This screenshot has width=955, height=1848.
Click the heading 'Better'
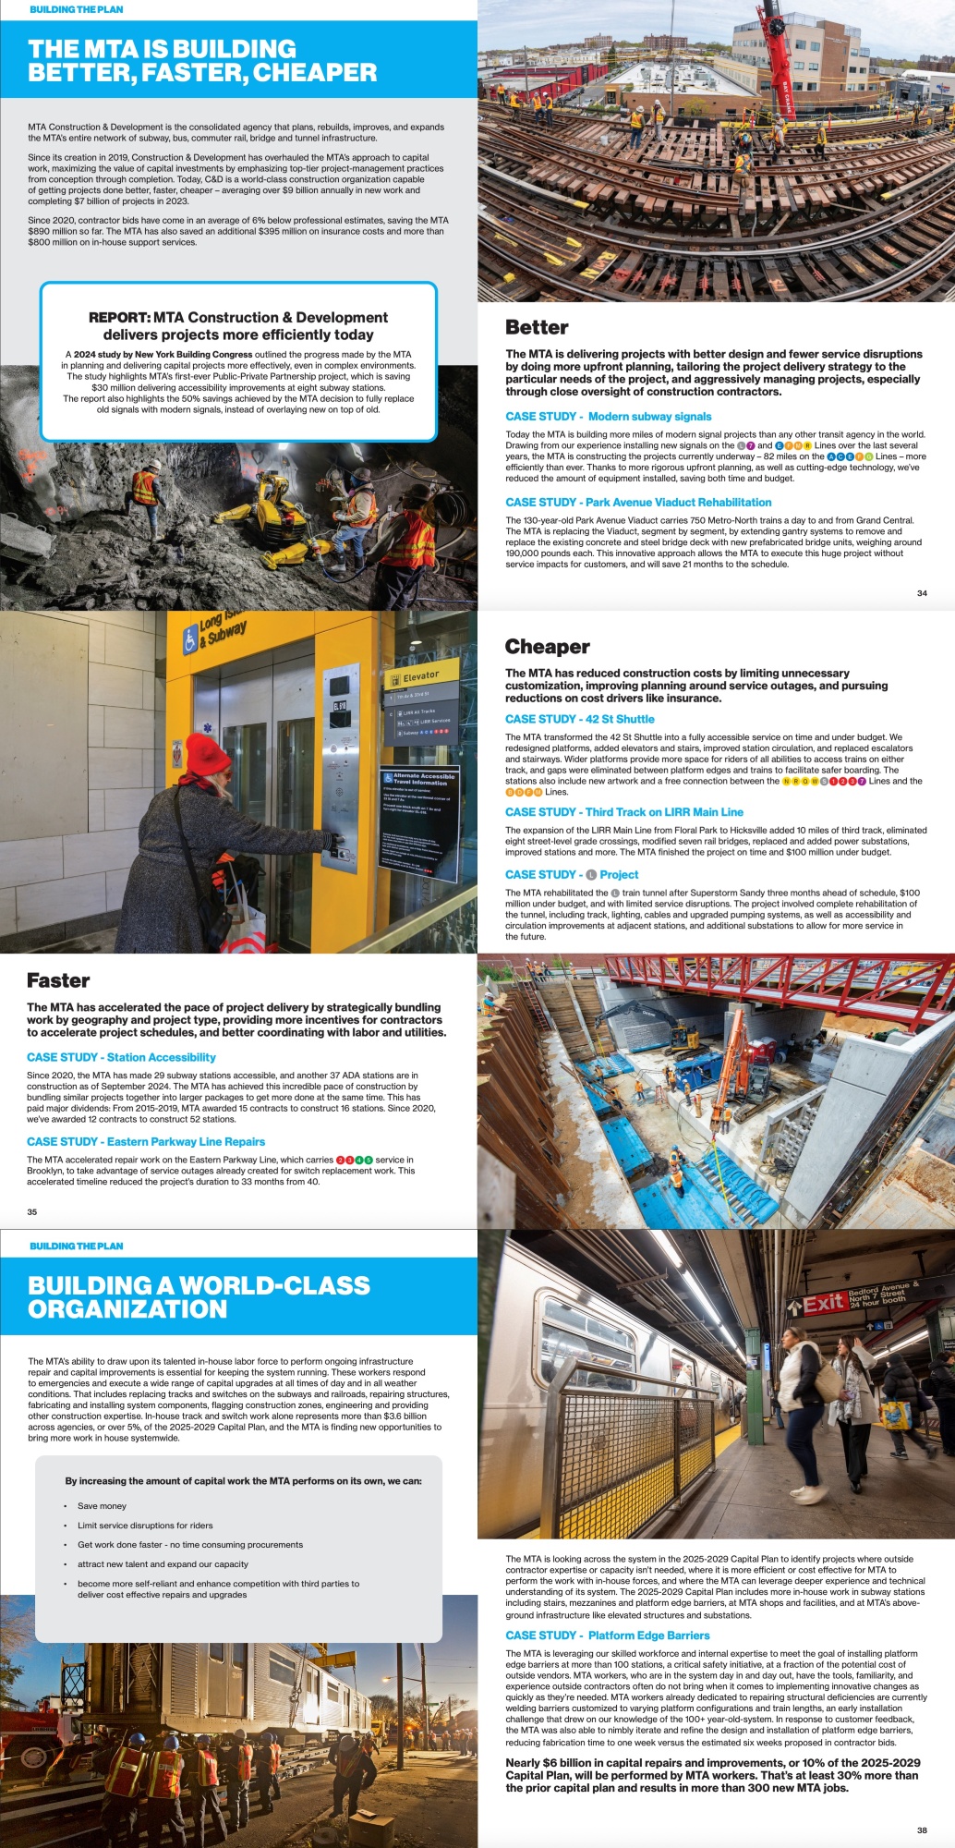point(537,327)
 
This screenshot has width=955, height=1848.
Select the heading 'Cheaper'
point(547,647)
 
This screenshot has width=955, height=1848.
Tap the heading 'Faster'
point(58,980)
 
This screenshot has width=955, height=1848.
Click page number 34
point(922,593)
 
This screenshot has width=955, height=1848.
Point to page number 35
point(32,1211)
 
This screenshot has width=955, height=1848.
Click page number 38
point(922,1830)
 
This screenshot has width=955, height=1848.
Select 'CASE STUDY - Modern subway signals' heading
point(609,417)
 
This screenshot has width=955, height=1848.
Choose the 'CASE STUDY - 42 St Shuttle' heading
point(579,719)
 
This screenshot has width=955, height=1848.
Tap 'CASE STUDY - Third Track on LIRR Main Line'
point(623,812)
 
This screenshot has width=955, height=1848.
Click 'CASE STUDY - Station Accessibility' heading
point(121,1057)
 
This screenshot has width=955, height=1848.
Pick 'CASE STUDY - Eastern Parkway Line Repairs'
point(146,1142)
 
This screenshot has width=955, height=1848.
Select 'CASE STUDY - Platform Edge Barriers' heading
point(607,1635)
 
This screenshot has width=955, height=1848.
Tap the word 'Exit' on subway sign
point(823,1303)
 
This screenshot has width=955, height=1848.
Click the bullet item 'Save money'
point(102,1506)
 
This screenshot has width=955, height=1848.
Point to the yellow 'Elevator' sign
point(421,675)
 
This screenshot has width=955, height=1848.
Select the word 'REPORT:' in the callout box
point(119,318)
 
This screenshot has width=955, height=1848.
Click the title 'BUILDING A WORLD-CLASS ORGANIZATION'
point(199,1297)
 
